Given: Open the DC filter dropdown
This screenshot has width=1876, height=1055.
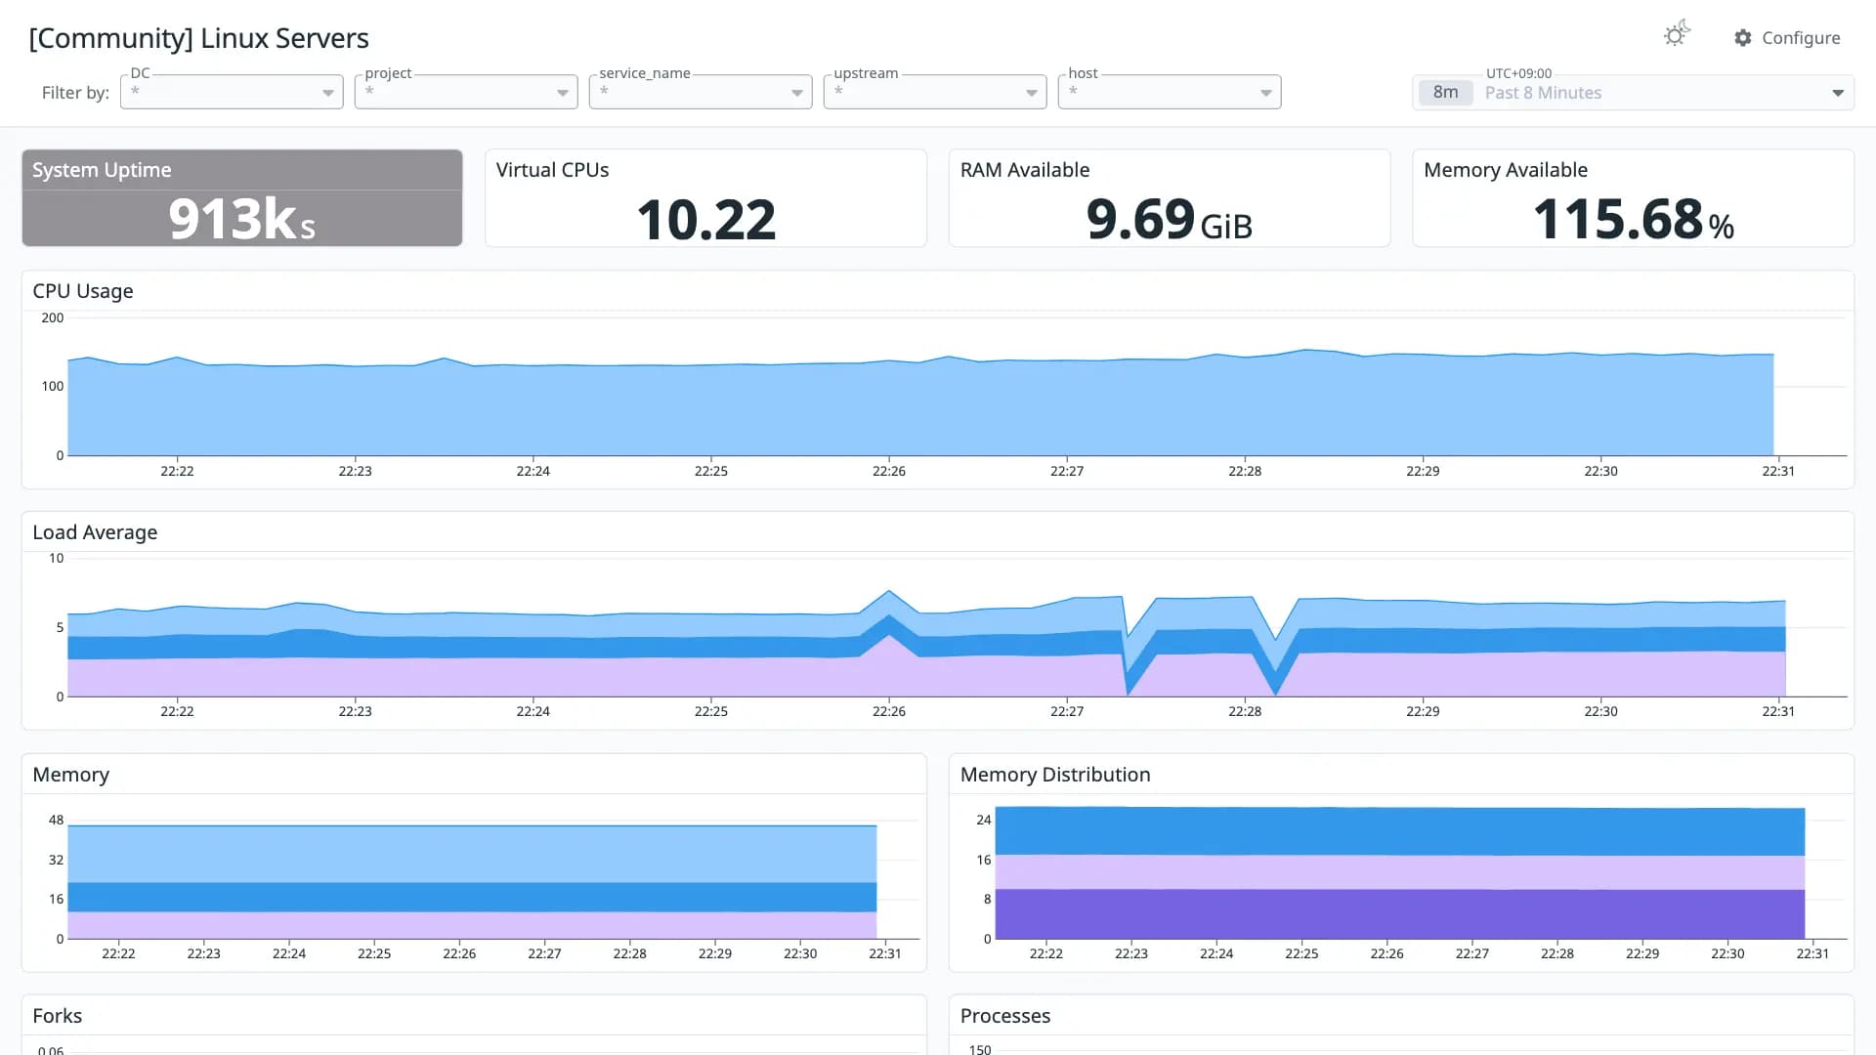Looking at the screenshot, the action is [x=232, y=92].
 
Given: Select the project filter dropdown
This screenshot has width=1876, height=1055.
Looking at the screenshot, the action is [x=466, y=92].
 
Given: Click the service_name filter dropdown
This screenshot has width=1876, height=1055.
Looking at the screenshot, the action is [x=701, y=92].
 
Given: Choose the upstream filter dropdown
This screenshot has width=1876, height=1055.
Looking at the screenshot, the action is [x=935, y=92].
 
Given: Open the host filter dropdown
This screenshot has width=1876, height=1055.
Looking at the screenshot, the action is [x=1170, y=92].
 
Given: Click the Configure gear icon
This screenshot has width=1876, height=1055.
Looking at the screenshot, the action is [x=1743, y=38].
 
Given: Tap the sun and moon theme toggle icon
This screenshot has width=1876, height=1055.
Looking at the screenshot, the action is [x=1677, y=34].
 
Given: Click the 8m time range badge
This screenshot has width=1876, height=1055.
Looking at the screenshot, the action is [x=1445, y=93].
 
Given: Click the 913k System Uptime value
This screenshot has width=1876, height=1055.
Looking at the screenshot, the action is [x=241, y=219].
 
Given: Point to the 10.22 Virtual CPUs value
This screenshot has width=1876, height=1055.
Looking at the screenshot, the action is [x=706, y=220].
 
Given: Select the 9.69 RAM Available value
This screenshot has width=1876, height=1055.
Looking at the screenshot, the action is [x=1140, y=219].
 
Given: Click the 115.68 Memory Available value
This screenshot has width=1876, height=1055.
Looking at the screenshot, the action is [x=1618, y=219].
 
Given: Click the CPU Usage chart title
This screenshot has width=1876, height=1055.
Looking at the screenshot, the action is [x=83, y=291].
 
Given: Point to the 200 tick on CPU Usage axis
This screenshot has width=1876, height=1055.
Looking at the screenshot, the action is [x=53, y=317].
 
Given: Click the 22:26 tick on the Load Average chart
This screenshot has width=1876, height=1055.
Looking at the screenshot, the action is [x=889, y=711].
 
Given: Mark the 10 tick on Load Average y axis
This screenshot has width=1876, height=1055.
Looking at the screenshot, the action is [x=57, y=559].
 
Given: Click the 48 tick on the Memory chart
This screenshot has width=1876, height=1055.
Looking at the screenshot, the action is [x=57, y=821].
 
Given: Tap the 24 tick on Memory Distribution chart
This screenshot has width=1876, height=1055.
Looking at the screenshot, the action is [x=984, y=821].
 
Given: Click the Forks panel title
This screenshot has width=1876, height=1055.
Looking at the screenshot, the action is [x=58, y=1016].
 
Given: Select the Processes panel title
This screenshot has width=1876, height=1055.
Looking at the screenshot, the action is [x=1005, y=1016].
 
